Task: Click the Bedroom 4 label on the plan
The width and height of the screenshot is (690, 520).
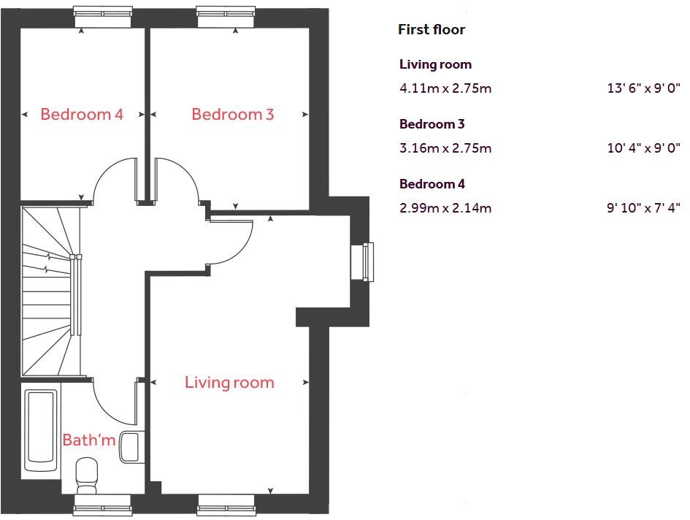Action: coord(82,115)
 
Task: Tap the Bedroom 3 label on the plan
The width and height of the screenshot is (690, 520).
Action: coord(232,115)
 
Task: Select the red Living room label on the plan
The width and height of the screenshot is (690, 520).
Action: coord(229,383)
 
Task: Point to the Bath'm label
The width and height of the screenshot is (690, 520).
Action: coord(89,440)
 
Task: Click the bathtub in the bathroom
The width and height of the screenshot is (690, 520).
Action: coord(42,430)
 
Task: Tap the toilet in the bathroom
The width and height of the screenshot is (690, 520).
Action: coord(86,475)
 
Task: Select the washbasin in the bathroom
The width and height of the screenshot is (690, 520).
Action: coord(129,446)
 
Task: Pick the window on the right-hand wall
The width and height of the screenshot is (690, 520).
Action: coord(363,261)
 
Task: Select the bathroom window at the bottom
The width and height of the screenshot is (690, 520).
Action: coord(103,504)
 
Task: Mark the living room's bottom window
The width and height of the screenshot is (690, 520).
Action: coord(226,504)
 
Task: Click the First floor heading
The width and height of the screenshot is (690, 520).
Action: coord(431,30)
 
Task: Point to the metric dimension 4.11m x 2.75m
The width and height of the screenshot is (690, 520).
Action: coord(445,88)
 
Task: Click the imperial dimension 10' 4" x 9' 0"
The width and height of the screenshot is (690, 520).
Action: coord(643,148)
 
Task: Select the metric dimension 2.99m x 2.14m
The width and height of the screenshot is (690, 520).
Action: coord(445,208)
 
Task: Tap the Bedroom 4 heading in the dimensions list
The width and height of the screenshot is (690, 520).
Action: coord(432,184)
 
